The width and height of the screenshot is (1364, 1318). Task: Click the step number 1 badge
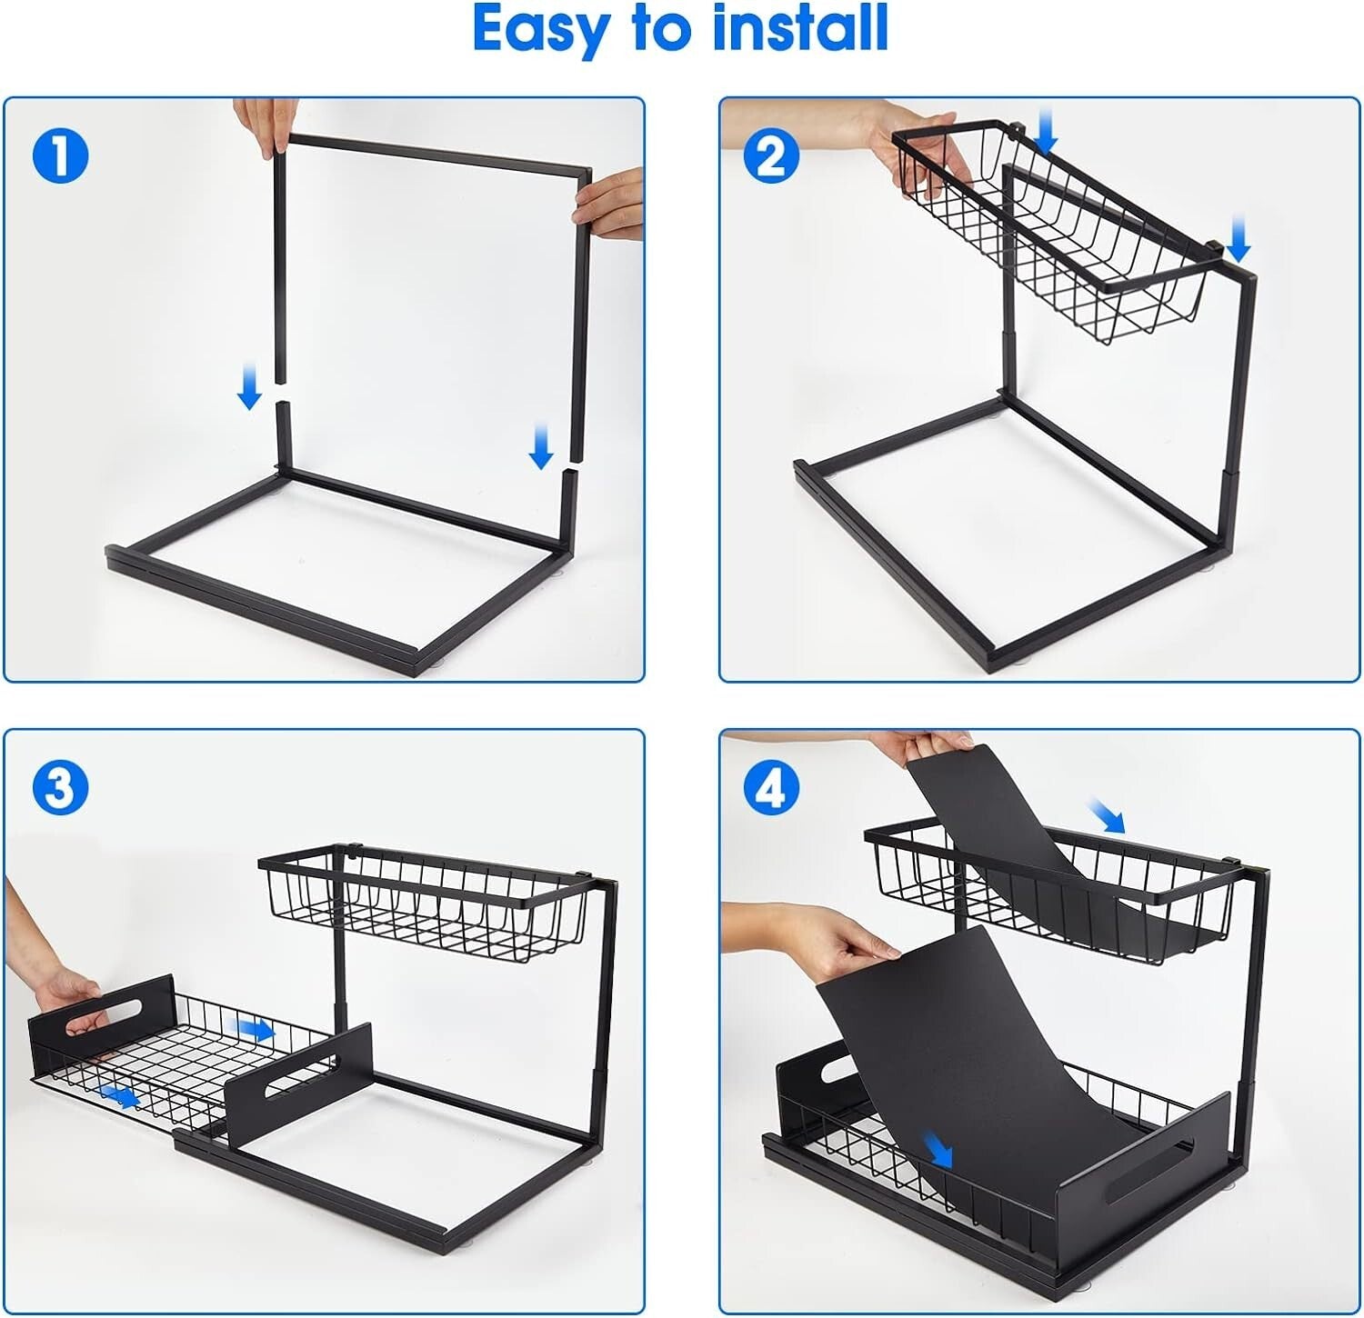tap(60, 155)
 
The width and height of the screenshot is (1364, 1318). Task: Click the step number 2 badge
tap(771, 155)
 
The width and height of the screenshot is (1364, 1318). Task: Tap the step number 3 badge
tap(60, 787)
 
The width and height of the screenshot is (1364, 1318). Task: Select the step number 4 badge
tap(771, 787)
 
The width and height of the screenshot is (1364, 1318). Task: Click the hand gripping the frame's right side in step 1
tap(609, 205)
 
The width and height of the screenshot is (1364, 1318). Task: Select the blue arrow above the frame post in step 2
tap(1239, 239)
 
